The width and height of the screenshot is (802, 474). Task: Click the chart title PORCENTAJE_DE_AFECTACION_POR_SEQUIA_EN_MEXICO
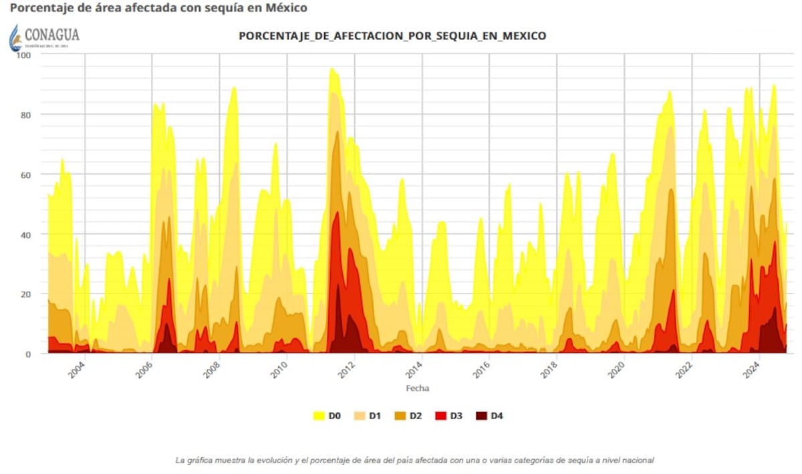click(392, 36)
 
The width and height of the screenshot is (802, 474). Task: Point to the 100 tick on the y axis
click(24, 55)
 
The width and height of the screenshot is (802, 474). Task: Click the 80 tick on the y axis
click(26, 114)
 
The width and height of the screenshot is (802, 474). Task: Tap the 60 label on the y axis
click(26, 174)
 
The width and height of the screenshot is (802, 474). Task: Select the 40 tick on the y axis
click(26, 234)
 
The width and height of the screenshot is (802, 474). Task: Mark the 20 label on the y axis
click(26, 294)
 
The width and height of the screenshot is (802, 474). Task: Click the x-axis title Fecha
click(418, 388)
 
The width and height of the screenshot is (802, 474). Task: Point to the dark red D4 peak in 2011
click(338, 294)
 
